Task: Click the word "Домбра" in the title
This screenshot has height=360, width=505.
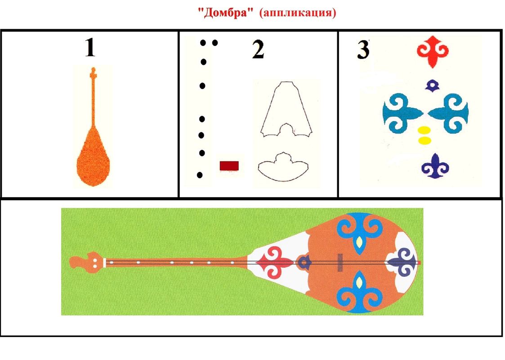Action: pyautogui.click(x=224, y=13)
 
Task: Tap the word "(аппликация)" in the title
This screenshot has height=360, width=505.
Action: pyautogui.click(x=298, y=13)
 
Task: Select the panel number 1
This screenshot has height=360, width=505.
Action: pyautogui.click(x=90, y=47)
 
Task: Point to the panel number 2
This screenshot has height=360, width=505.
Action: pyautogui.click(x=258, y=49)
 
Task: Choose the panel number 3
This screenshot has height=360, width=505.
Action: pyautogui.click(x=363, y=49)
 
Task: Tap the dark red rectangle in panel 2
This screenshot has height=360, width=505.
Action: pyautogui.click(x=229, y=166)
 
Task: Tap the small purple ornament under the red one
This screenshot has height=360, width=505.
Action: pyautogui.click(x=433, y=85)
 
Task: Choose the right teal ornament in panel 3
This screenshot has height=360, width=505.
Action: pyautogui.click(x=448, y=113)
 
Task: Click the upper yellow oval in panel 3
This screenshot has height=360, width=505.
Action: pyautogui.click(x=424, y=130)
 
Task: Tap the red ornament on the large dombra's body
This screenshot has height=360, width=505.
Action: pyautogui.click(x=274, y=262)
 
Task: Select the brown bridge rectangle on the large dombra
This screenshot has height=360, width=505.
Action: pyautogui.click(x=340, y=262)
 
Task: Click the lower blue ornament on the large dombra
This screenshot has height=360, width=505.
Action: pyautogui.click(x=359, y=292)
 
